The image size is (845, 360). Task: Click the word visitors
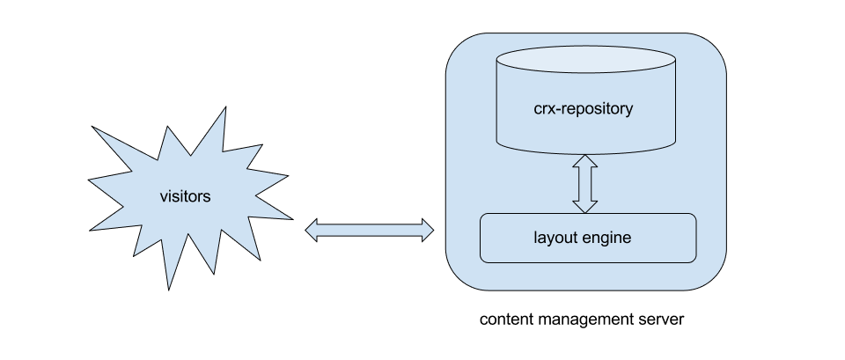point(185,196)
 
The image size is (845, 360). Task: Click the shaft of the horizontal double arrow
point(370,231)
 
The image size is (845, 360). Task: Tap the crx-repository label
point(584,110)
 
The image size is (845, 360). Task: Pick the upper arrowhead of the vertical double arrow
point(584,163)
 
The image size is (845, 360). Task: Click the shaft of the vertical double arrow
point(584,184)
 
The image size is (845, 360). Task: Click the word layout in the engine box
point(553,238)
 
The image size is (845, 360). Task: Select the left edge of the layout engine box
point(481,238)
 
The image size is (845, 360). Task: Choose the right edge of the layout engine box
point(695,238)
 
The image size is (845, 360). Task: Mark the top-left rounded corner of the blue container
point(459,46)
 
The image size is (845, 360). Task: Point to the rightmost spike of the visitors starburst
point(289,215)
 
